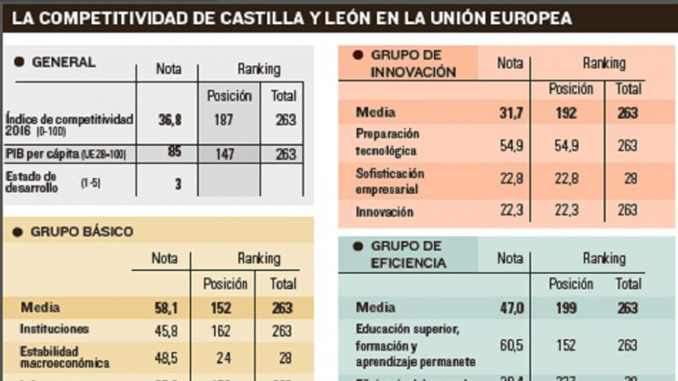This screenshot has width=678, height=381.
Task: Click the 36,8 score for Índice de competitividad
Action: (169, 120)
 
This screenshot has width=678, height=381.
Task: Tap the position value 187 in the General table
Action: (223, 120)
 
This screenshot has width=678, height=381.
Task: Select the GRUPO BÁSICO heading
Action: (82, 231)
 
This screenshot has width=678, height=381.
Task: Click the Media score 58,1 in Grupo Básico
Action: (166, 308)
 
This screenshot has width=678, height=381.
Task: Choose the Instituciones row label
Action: (54, 329)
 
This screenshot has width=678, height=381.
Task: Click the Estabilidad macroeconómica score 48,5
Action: (166, 358)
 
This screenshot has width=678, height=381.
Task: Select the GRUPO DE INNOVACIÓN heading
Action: (413, 63)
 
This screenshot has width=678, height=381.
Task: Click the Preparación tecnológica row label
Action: (388, 142)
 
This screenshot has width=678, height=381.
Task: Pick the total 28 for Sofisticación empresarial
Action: (631, 179)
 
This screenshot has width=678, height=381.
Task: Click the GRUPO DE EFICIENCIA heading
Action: (408, 255)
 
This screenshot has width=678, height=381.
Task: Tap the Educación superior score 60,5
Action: (510, 345)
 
